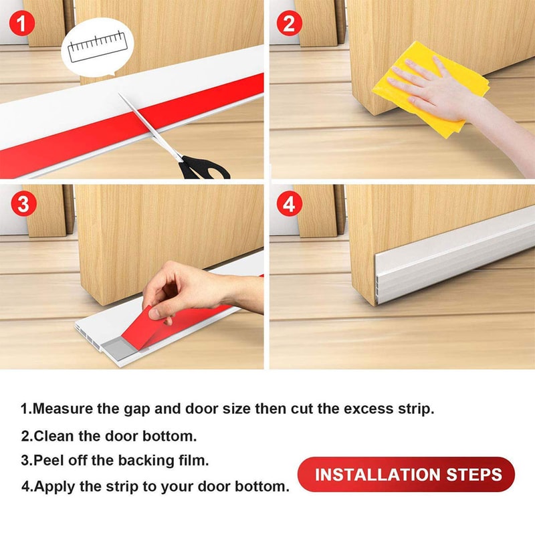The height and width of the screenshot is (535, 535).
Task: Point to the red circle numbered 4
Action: coord(289,204)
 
